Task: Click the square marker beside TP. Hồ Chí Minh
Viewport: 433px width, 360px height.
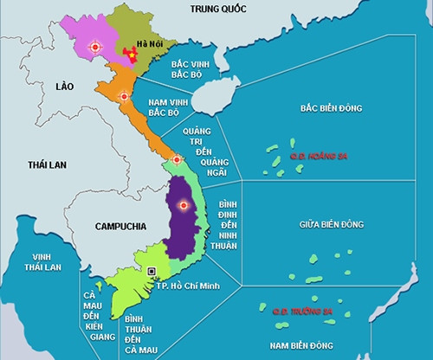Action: (152, 269)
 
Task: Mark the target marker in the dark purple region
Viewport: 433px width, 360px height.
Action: (182, 205)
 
